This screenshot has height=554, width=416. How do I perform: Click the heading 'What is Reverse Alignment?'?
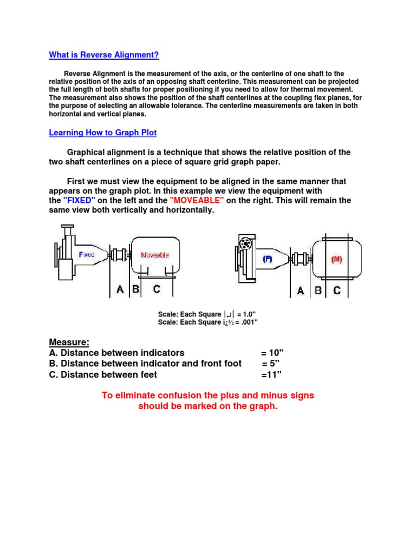103,55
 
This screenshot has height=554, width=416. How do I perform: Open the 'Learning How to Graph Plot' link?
103,133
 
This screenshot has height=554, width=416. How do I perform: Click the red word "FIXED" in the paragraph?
79,200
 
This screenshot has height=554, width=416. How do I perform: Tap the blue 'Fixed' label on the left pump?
87,254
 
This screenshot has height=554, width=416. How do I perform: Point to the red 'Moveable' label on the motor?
155,255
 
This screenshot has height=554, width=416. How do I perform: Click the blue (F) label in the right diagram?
268,259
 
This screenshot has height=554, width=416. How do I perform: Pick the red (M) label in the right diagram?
337,259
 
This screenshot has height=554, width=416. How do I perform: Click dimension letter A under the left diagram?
120,290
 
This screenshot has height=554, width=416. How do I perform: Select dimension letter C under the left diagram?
157,289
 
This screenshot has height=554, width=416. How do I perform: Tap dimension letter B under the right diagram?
318,291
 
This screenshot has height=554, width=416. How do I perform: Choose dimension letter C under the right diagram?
337,291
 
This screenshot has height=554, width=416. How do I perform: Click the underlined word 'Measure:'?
69,342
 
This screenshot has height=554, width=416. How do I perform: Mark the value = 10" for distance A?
272,353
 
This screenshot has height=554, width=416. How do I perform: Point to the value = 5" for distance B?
272,364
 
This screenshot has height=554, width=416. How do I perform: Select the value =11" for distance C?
271,374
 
